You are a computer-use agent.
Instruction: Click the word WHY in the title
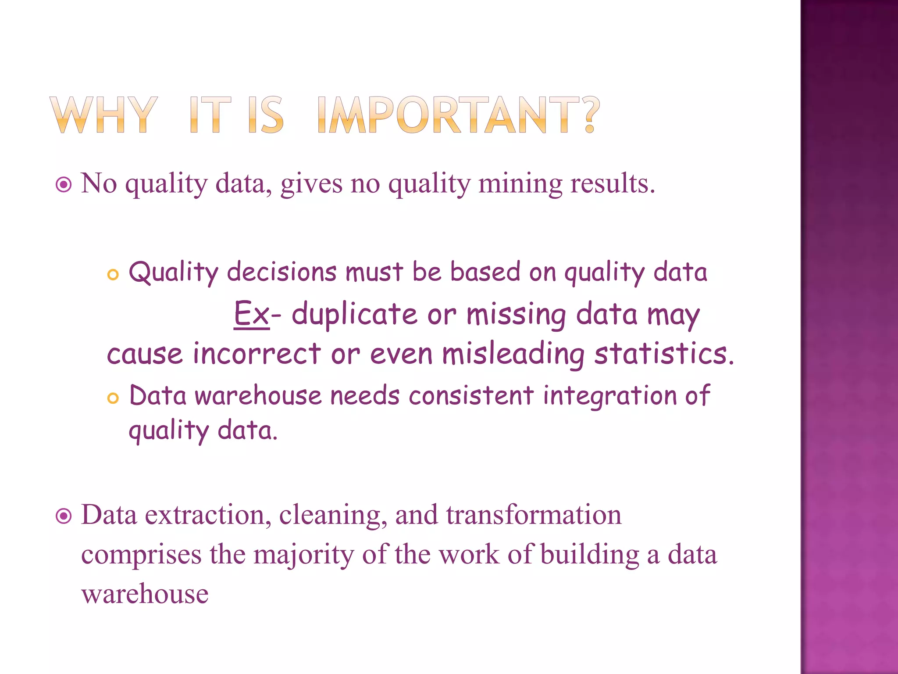pos(103,115)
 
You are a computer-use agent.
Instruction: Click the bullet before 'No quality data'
pos(64,185)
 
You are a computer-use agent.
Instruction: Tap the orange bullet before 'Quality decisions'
pos(113,275)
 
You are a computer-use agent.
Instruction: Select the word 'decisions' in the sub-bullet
pos(282,272)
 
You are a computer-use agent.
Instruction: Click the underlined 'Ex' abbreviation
pos(251,314)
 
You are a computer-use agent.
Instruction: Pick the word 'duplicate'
pos(354,314)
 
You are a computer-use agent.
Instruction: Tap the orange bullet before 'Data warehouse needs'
pos(113,398)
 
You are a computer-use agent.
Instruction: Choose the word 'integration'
pos(610,396)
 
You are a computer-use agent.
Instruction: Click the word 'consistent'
pos(471,395)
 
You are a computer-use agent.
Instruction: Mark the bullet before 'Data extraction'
pos(64,516)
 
